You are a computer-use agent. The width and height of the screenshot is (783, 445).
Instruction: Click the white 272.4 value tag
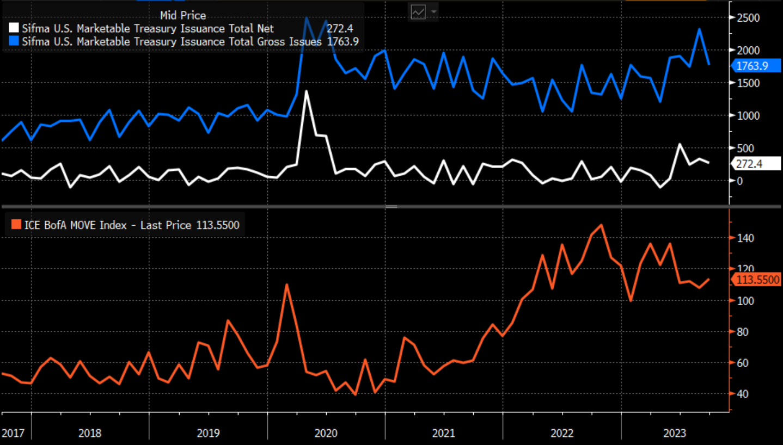750,163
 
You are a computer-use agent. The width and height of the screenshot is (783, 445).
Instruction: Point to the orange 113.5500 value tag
757,280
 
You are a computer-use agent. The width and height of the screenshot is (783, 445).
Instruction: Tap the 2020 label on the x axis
326,434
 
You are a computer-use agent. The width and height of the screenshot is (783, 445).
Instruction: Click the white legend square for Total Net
14,29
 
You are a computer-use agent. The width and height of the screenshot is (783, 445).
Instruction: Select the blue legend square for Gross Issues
14,41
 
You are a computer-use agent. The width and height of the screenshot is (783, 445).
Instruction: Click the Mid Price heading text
183,16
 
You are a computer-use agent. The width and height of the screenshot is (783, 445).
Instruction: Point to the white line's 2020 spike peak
306,91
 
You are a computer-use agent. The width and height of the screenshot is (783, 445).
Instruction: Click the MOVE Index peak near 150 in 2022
601,225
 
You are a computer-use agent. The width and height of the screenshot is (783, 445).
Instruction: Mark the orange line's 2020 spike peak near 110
286,284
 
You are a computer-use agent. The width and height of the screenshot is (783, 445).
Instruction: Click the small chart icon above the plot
418,11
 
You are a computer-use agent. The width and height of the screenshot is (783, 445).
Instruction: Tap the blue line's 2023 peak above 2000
699,29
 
